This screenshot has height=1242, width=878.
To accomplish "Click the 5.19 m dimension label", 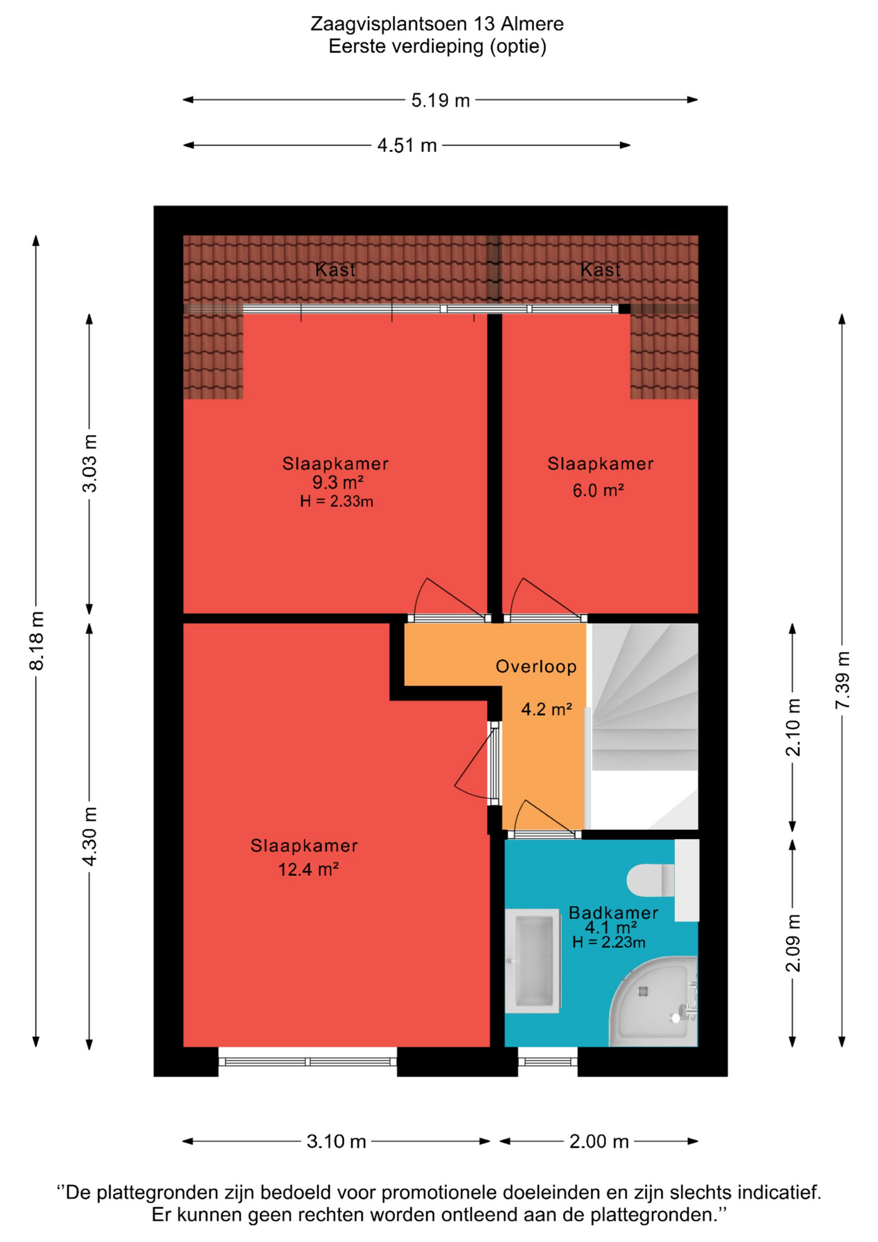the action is click(440, 100).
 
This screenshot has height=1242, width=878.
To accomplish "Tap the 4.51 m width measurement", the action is click(407, 146).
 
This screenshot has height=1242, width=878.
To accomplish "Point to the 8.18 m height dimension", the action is click(37, 640).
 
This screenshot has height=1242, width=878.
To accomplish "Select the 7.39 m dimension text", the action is click(842, 680).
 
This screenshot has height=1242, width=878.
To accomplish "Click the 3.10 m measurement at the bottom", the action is click(336, 1142).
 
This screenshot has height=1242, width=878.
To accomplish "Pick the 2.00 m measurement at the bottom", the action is click(599, 1142).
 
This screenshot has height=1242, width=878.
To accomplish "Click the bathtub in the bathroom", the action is click(532, 961).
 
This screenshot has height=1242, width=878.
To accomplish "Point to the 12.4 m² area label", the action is click(308, 869).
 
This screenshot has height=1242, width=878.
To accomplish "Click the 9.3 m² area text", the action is click(337, 483).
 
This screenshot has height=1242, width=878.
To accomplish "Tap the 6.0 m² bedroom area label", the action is click(598, 490).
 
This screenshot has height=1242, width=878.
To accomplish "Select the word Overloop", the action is click(536, 667).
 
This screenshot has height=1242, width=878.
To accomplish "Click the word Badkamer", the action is click(613, 913).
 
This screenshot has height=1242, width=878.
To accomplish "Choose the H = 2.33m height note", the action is click(336, 501).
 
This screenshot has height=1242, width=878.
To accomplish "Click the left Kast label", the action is click(335, 270).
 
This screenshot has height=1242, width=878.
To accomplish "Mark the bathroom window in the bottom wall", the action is click(548, 1062).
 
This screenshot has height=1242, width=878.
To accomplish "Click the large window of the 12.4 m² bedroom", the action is click(308, 1062).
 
